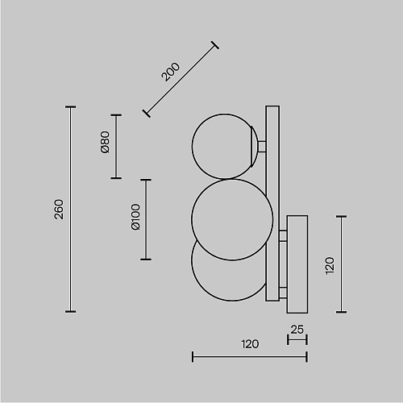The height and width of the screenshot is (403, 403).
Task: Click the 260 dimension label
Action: [59, 210]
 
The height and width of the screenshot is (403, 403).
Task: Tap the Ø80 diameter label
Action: [105, 142]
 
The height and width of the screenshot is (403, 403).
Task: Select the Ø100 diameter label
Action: [135, 217]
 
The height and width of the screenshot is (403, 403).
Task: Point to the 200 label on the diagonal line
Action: [170, 72]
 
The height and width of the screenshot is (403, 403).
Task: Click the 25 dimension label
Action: [297, 330]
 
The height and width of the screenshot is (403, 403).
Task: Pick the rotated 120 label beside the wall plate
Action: [330, 266]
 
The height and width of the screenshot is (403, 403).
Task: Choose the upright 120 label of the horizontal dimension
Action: [250, 344]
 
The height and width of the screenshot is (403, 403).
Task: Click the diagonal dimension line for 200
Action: [181, 79]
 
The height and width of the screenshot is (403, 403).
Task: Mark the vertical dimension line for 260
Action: [70, 210]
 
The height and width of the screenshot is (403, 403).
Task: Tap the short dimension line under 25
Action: [297, 340]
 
